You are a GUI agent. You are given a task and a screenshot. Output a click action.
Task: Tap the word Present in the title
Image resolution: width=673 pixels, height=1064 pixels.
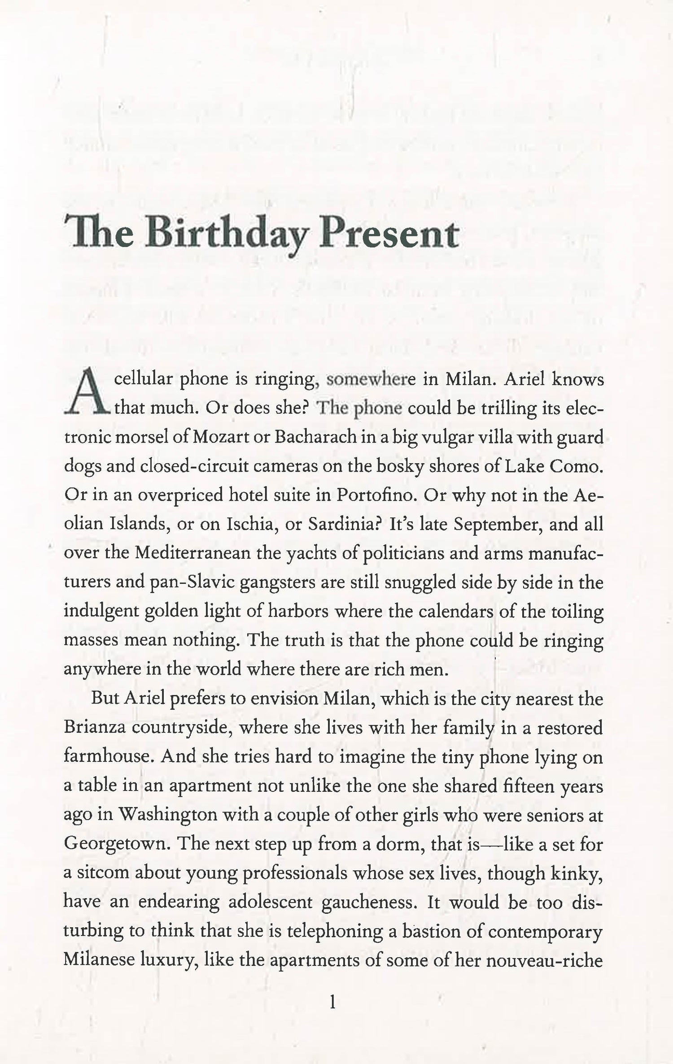tap(388, 235)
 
